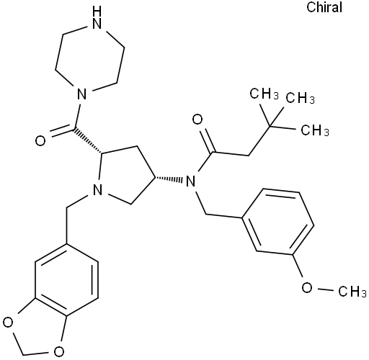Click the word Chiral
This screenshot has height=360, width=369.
click(324, 7)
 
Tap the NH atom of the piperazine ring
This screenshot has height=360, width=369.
click(97, 19)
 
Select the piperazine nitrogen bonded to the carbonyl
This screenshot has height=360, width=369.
click(81, 94)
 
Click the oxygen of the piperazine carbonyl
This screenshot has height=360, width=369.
click(40, 141)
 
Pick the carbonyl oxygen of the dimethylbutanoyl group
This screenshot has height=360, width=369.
click(197, 120)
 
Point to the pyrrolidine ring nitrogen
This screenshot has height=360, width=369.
click(97, 190)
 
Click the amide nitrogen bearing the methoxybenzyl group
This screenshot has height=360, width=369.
click(190, 181)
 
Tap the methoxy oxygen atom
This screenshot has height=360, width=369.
click(307, 287)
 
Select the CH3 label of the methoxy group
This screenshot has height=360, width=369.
click(352, 291)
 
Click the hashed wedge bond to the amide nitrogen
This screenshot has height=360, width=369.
click(169, 179)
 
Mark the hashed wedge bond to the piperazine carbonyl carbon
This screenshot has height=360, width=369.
click(88, 140)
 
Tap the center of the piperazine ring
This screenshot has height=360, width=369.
click(90, 57)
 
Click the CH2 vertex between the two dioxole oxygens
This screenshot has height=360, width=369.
click(23, 355)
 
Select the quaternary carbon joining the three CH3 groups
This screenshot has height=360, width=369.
click(270, 126)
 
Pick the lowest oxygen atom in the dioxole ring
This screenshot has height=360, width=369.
click(58, 351)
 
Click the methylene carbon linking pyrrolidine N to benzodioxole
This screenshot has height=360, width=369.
click(66, 207)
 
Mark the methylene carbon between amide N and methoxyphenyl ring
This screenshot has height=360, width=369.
click(206, 214)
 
